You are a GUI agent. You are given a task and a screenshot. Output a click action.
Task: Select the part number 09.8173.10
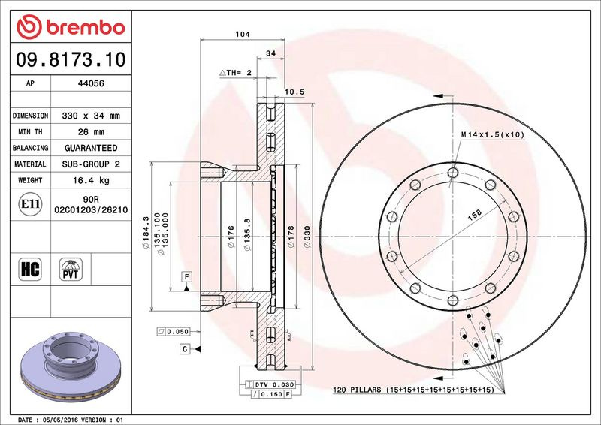pyautogui.click(x=71, y=59)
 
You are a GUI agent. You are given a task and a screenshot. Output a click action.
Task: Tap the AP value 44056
pyautogui.click(x=91, y=83)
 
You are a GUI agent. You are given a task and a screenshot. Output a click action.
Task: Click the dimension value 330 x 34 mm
pyautogui.click(x=91, y=116)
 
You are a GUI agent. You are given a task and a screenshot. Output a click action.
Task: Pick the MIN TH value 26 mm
pyautogui.click(x=91, y=132)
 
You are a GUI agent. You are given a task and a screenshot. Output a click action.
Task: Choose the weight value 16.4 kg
pyautogui.click(x=91, y=180)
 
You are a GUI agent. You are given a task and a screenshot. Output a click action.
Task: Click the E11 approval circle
pyautogui.click(x=30, y=204)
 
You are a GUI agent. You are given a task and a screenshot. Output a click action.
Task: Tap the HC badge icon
pyautogui.click(x=30, y=269)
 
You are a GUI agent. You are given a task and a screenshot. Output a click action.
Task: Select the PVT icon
pyautogui.click(x=71, y=269)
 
